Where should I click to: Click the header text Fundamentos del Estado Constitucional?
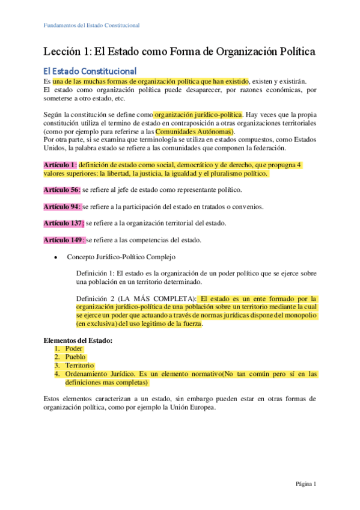[92, 26]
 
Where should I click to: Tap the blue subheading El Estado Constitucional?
[90, 72]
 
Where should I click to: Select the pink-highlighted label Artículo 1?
[60, 165]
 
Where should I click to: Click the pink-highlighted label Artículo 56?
[62, 190]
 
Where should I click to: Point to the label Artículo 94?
[62, 207]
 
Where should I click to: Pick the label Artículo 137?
[64, 223]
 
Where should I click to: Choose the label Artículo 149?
[64, 240]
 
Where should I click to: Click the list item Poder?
[74, 349]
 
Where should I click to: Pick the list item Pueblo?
[76, 357]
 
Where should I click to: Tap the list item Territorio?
[79, 366]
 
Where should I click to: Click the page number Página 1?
[305, 484]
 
